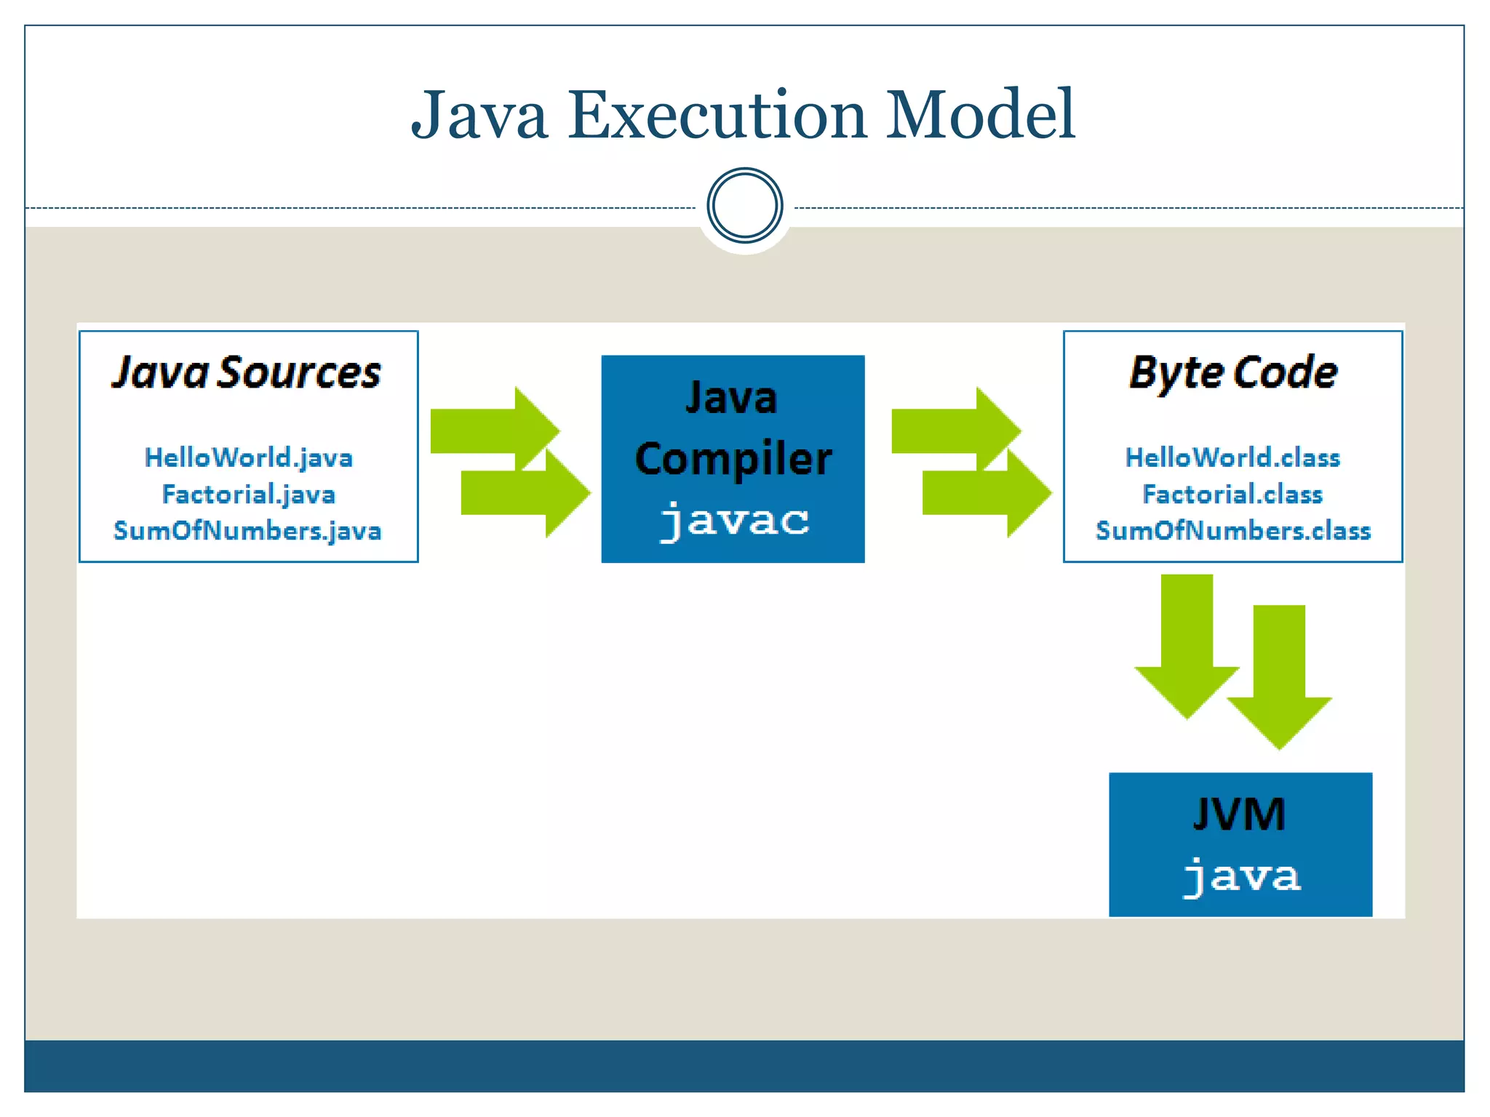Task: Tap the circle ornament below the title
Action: click(x=744, y=206)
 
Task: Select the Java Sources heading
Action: click(x=247, y=373)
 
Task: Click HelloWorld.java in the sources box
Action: click(x=249, y=457)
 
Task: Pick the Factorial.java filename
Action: click(x=249, y=495)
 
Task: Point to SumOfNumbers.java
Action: click(x=247, y=531)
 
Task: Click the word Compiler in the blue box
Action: click(x=733, y=460)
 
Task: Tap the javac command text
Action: click(x=734, y=520)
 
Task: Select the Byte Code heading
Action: click(x=1233, y=373)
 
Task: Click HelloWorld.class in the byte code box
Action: click(x=1232, y=457)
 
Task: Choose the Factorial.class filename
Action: click(x=1232, y=495)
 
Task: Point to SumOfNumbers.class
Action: click(x=1233, y=531)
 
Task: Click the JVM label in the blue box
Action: click(x=1240, y=814)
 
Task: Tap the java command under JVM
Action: click(x=1241, y=876)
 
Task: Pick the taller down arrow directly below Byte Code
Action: click(x=1187, y=640)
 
